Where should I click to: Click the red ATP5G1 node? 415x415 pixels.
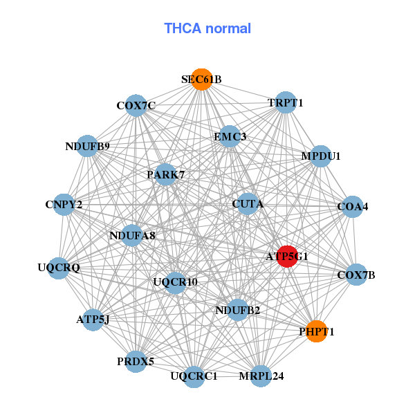[287, 256]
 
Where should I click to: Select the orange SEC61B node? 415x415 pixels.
[201, 79]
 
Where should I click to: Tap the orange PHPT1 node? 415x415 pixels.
[316, 331]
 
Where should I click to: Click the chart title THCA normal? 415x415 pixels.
[207, 28]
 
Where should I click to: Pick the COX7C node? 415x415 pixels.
[136, 105]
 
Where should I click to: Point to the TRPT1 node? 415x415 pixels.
[286, 102]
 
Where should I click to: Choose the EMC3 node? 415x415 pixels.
[230, 137]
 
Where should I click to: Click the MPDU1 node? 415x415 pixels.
[321, 156]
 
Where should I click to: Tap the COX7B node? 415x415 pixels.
[356, 275]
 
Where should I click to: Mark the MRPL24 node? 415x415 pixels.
[261, 376]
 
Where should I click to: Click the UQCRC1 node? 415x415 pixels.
[194, 376]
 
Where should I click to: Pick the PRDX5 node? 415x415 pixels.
[136, 361]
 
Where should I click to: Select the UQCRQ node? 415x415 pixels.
[59, 267]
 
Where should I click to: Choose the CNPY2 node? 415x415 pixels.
[64, 205]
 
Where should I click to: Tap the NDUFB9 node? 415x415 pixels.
[87, 146]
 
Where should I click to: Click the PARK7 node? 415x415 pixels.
[165, 174]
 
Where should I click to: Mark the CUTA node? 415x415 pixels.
[247, 203]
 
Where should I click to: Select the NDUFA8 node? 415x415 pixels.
[132, 236]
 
